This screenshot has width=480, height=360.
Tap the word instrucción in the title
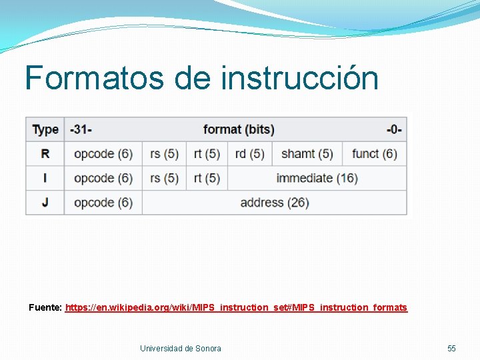pyautogui.click(x=300, y=77)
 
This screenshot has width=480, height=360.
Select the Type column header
pyautogui.click(x=45, y=129)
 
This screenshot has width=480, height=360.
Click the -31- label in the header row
pyautogui.click(x=81, y=129)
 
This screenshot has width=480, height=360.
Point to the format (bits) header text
pyautogui.click(x=239, y=129)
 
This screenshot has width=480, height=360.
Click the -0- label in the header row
pyautogui.click(x=393, y=129)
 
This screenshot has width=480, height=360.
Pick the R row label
pyautogui.click(x=45, y=154)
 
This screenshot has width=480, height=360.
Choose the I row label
pyautogui.click(x=45, y=178)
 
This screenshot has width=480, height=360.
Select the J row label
pyautogui.click(x=45, y=202)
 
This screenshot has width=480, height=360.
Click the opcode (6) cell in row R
pyautogui.click(x=103, y=154)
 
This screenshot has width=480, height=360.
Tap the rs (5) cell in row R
pyautogui.click(x=164, y=154)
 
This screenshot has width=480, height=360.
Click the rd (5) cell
pyautogui.click(x=250, y=154)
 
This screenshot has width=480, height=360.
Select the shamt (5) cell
pyautogui.click(x=307, y=154)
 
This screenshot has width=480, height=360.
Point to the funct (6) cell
pyautogui.click(x=374, y=154)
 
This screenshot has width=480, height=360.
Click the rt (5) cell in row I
pyautogui.click(x=207, y=178)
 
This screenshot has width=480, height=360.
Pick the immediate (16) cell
pyautogui.click(x=317, y=178)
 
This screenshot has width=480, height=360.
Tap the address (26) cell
pyautogui.click(x=275, y=202)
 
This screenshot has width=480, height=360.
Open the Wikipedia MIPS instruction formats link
pyautogui.click(x=236, y=307)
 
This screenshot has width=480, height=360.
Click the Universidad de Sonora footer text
pyautogui.click(x=181, y=348)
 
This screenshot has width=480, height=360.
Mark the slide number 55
pyautogui.click(x=451, y=348)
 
